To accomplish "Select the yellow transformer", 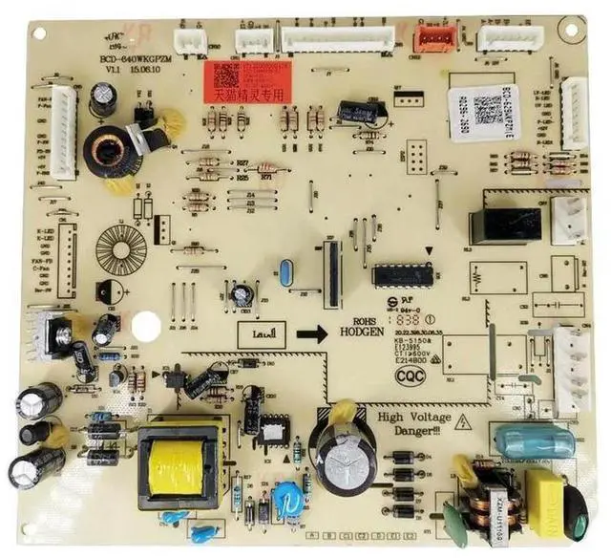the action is point(182,465).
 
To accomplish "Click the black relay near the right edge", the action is point(505,225).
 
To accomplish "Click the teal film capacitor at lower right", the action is point(534,440).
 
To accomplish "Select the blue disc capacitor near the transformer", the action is point(285,497).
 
